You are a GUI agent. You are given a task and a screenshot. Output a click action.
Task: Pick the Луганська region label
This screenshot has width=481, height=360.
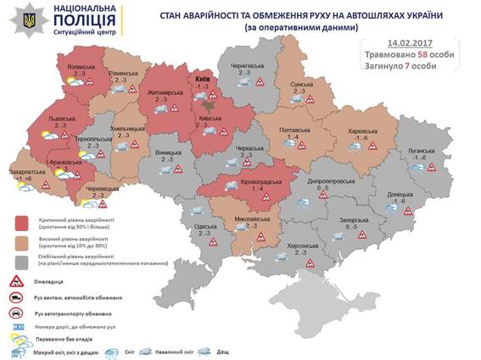[421, 151]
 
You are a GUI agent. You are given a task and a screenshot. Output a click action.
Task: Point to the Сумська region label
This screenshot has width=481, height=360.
[304, 86]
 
